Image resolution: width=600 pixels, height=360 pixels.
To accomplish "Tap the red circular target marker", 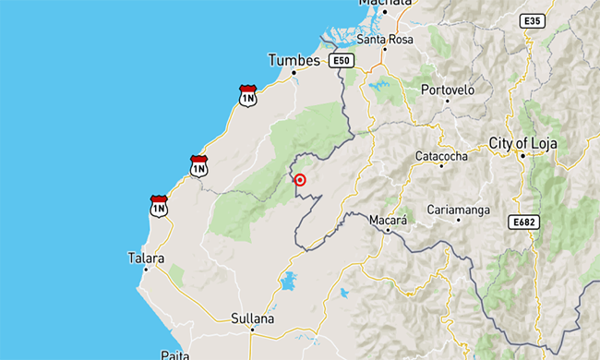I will point(300,180).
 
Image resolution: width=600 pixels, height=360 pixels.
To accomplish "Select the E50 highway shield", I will point(342,61).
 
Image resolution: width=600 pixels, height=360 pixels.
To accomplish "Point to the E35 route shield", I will point(532,20).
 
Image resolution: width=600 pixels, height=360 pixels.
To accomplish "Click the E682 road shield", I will point(522,222).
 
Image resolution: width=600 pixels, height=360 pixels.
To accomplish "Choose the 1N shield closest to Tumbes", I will point(247,95).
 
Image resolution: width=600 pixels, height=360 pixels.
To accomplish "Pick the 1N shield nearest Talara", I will point(159,206).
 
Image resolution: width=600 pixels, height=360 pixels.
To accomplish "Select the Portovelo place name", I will point(448,90).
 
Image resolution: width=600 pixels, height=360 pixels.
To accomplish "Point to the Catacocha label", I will point(441,156).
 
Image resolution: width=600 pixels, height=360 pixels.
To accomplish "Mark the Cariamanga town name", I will point(458,210).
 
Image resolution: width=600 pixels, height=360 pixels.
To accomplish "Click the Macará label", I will point(387,221).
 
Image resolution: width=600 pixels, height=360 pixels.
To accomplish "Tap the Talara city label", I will point(146,259).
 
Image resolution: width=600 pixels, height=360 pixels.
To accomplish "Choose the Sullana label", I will point(253,318).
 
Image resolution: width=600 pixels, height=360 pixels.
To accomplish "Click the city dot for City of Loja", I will point(522,156).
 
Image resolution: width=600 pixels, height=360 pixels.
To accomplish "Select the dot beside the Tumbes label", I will point(294,72).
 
